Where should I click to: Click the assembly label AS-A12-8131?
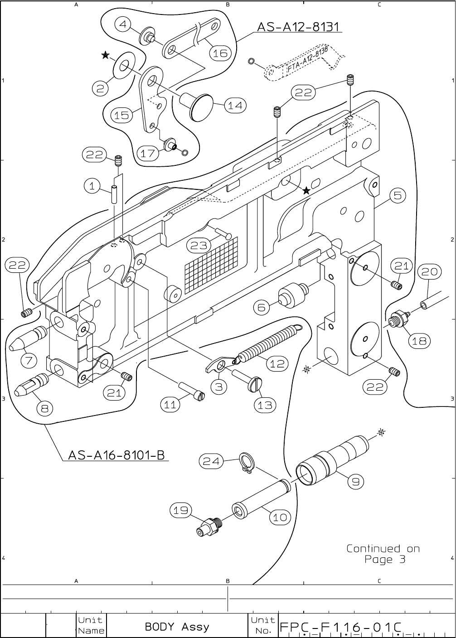click(298, 27)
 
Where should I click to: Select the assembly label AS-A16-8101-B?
click(116, 454)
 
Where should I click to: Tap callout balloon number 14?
click(235, 106)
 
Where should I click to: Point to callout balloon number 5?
click(397, 196)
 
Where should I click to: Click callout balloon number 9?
click(356, 482)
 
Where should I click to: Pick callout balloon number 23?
click(199, 245)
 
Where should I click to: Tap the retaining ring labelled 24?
click(246, 464)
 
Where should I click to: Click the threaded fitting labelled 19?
click(208, 526)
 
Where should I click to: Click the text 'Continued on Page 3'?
click(383, 554)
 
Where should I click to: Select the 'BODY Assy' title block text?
click(177, 627)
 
